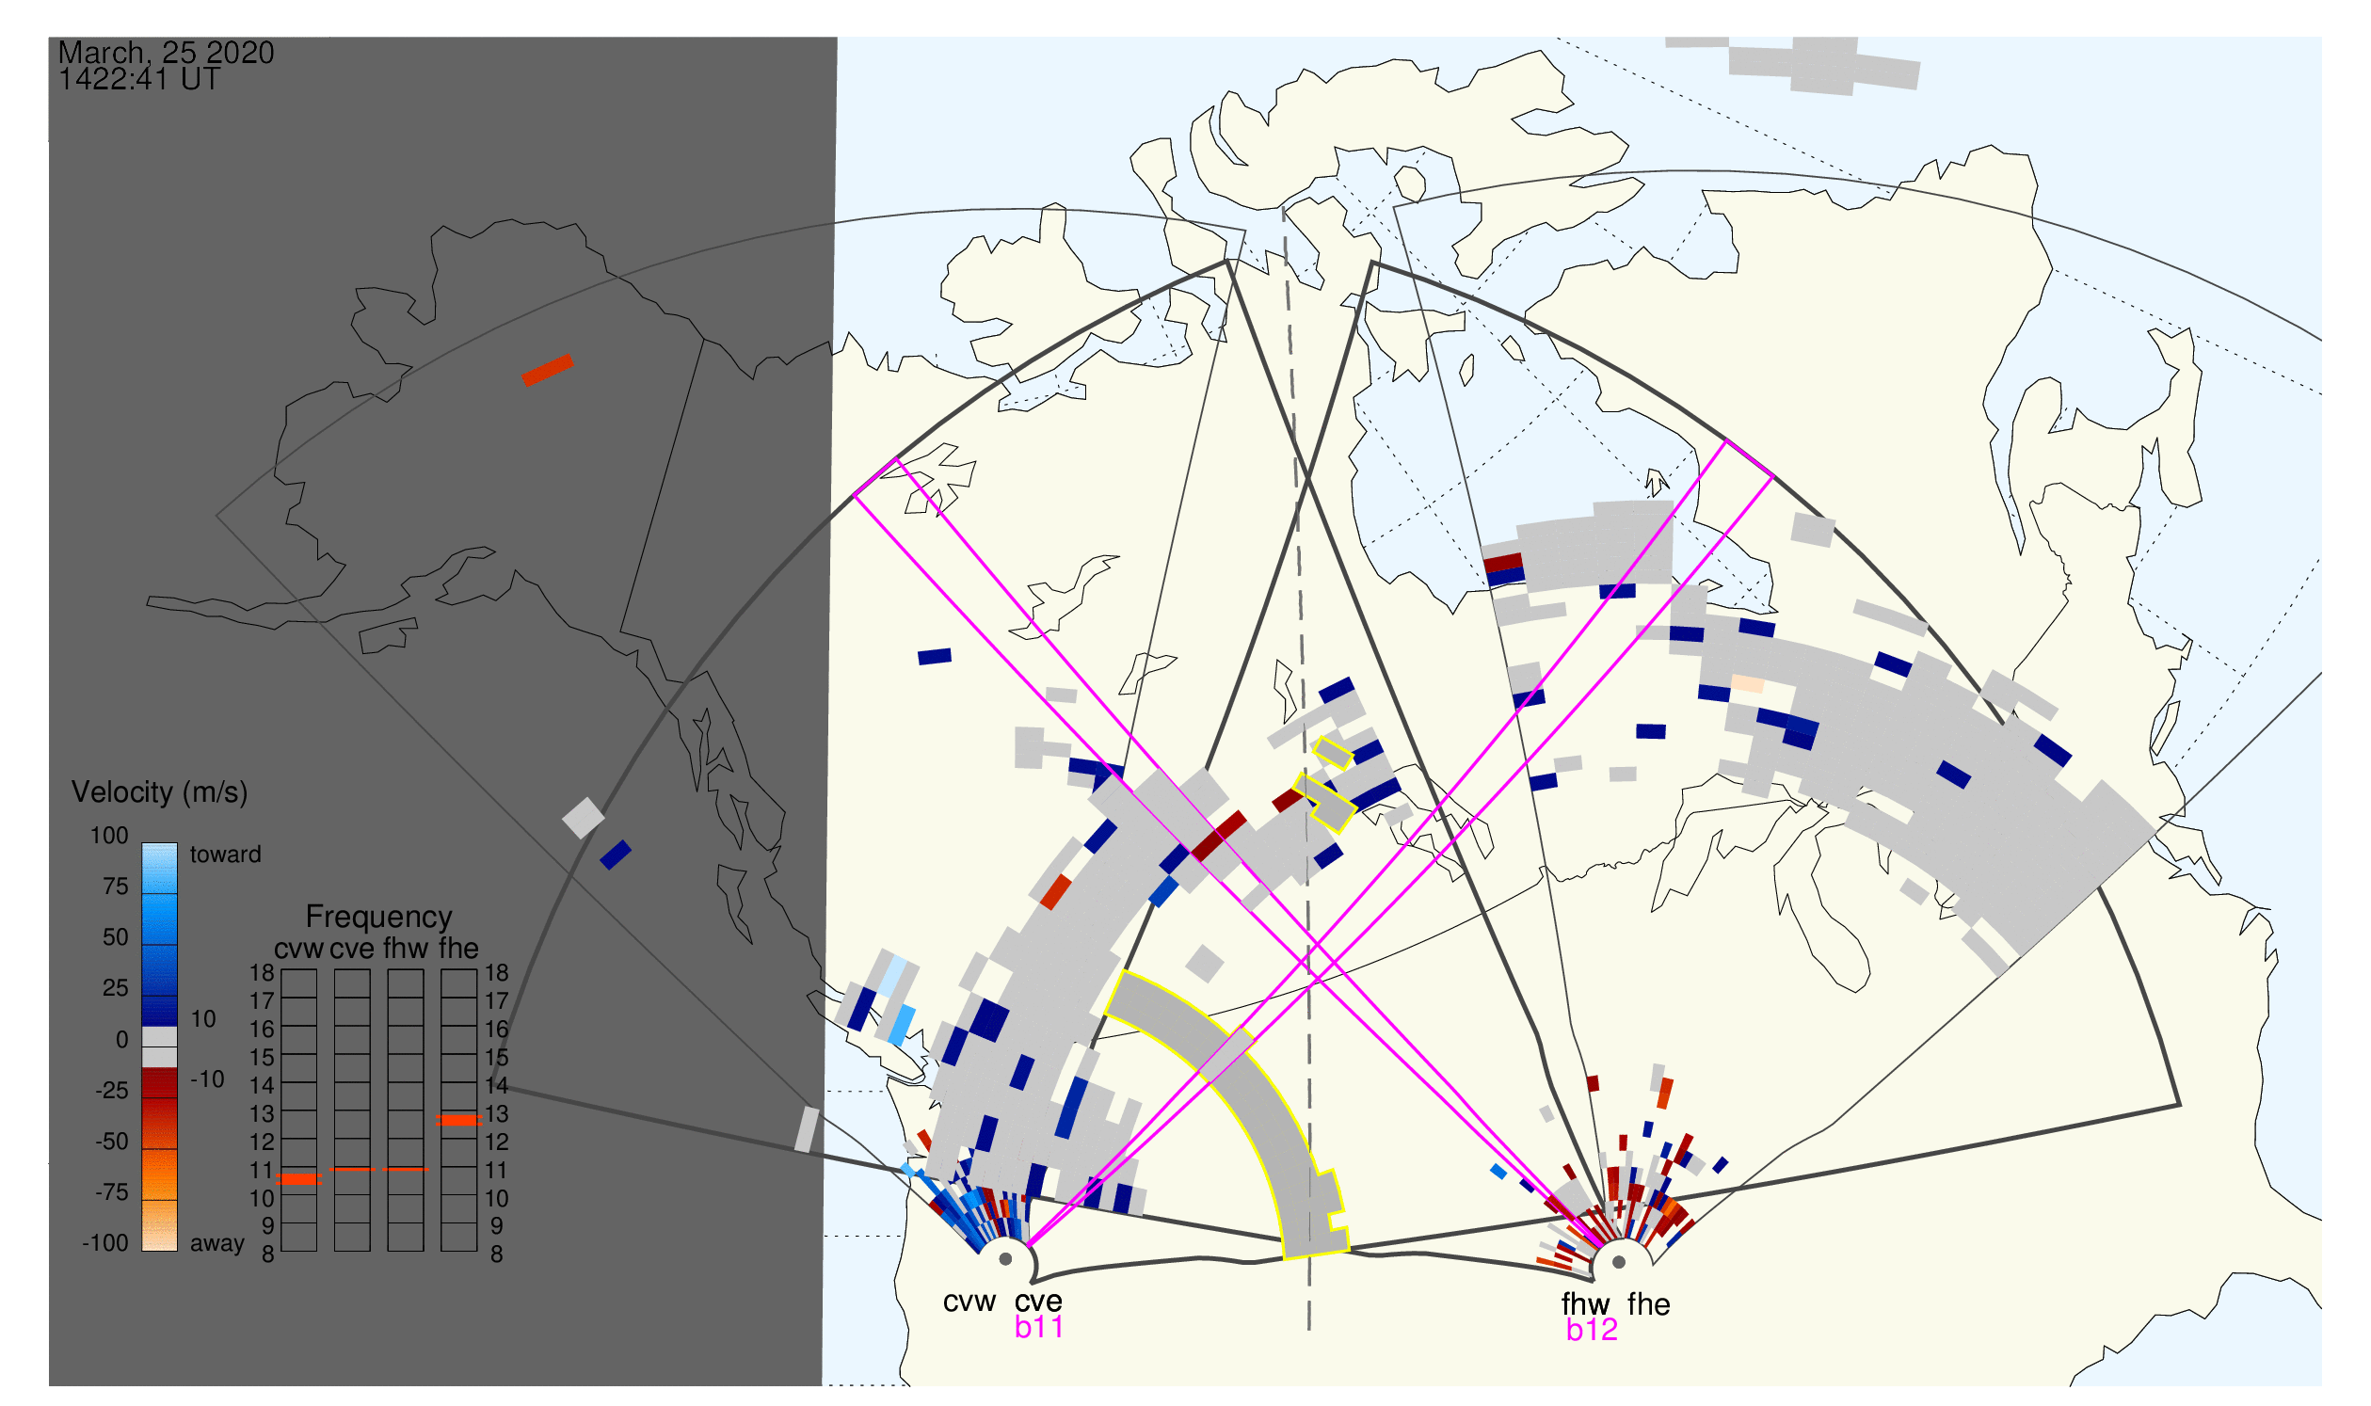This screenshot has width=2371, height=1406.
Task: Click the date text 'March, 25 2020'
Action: pos(166,52)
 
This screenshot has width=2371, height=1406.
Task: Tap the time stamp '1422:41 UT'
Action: pos(139,80)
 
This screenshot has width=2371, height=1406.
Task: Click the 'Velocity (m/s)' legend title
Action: pos(159,793)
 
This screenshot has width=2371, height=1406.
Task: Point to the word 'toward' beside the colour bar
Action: pos(226,855)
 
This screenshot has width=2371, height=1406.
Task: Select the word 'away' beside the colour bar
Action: pos(217,1245)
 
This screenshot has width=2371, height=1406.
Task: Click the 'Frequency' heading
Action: pos(379,918)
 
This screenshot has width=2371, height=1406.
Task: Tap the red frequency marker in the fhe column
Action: pos(458,1121)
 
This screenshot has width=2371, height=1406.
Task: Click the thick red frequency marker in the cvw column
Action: pos(299,1180)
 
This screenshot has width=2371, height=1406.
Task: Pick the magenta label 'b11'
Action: pos(1038,1328)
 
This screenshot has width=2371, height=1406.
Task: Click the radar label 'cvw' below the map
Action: pos(969,1303)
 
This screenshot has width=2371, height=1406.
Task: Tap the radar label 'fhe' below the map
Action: pos(1649,1305)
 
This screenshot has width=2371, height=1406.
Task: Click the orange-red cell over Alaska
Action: pos(548,371)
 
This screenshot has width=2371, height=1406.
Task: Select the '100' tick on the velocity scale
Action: pos(109,837)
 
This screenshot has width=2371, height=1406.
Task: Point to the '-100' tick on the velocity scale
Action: pos(104,1244)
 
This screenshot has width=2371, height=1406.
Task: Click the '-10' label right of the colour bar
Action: pos(207,1080)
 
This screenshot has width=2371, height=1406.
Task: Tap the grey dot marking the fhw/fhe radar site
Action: pos(1620,1263)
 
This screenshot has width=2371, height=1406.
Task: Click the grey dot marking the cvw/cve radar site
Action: pos(1006,1261)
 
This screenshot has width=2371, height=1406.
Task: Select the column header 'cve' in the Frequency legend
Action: pos(352,951)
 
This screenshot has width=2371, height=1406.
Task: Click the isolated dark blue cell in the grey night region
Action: pos(616,855)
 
